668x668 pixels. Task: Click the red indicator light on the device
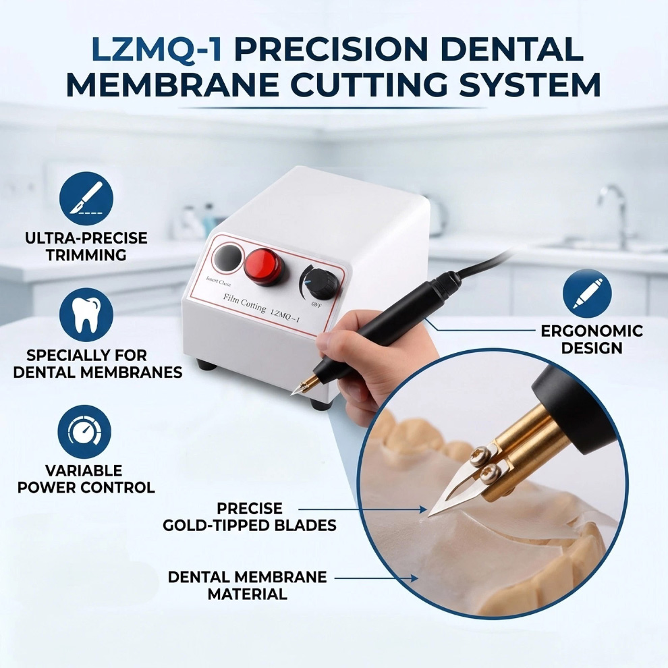pyautogui.click(x=264, y=267)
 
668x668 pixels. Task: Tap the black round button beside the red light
pyautogui.click(x=227, y=258)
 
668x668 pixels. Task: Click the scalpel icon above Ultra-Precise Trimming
pyautogui.click(x=86, y=198)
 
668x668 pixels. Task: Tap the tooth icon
pyautogui.click(x=86, y=315)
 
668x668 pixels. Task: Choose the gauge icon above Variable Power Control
pyautogui.click(x=84, y=432)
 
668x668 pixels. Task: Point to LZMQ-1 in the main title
pyautogui.click(x=157, y=49)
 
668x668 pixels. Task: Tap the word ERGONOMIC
pyautogui.click(x=592, y=331)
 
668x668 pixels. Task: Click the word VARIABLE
pyautogui.click(x=84, y=471)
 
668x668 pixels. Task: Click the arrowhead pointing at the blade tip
pyautogui.click(x=423, y=509)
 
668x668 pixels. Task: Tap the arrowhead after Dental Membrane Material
pyautogui.click(x=414, y=578)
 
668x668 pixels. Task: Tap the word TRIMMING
pyautogui.click(x=86, y=255)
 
